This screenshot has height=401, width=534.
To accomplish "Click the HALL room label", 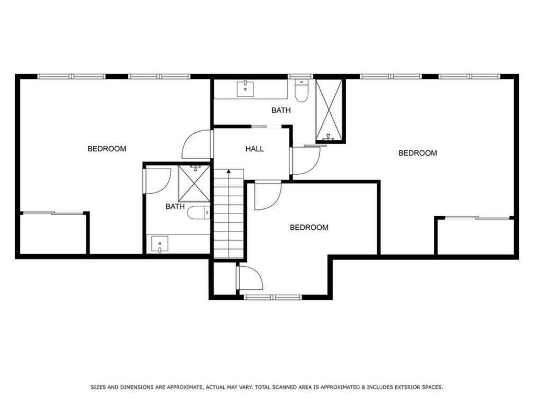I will (x=254, y=149).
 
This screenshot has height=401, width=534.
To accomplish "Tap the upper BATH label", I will (x=281, y=110).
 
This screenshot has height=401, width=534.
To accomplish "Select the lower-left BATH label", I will (x=175, y=206).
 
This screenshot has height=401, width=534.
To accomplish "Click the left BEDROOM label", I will (x=106, y=149).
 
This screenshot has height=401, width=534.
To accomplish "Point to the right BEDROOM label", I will (x=418, y=153).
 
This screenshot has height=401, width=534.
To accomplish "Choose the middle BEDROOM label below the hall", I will (x=309, y=228).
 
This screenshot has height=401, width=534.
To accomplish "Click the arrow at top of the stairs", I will (x=228, y=172).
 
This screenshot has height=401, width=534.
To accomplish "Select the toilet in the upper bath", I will (x=301, y=91).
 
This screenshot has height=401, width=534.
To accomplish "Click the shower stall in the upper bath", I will (x=330, y=110).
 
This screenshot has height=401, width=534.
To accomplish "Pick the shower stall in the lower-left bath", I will (x=194, y=183).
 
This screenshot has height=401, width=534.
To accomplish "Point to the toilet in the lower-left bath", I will (x=199, y=213).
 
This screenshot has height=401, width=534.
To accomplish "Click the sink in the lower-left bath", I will (x=160, y=244).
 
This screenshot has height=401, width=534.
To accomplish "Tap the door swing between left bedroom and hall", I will (x=197, y=145).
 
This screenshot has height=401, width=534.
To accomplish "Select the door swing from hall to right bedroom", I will (x=305, y=160).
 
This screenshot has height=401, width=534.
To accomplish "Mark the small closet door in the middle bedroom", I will (x=249, y=278).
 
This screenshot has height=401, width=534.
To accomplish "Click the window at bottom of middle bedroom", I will (x=273, y=297).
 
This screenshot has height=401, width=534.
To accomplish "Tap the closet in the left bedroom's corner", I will (x=53, y=233).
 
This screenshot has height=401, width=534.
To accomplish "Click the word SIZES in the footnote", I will (x=101, y=387).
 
